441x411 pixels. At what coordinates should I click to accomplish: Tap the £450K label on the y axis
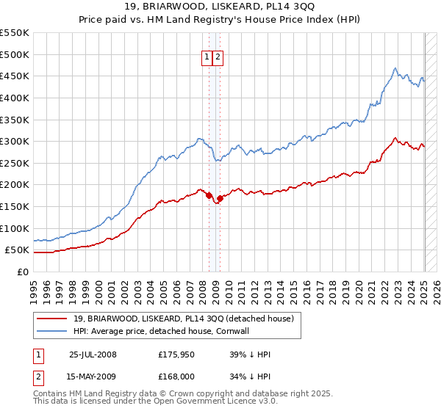[x=15, y=76]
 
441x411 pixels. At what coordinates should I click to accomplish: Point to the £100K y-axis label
[x=15, y=228]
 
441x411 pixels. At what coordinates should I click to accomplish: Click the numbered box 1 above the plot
[x=207, y=58]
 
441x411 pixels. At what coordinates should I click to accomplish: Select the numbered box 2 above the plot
[x=218, y=58]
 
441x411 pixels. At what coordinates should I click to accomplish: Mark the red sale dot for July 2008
[x=209, y=195]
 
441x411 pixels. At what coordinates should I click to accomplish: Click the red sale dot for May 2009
[x=220, y=198]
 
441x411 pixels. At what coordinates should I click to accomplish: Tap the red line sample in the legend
[x=51, y=319]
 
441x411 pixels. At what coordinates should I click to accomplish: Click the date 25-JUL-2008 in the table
[x=93, y=354]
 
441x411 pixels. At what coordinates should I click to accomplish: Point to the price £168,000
[x=176, y=377]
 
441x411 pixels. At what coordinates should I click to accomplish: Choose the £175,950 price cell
[x=176, y=354]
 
